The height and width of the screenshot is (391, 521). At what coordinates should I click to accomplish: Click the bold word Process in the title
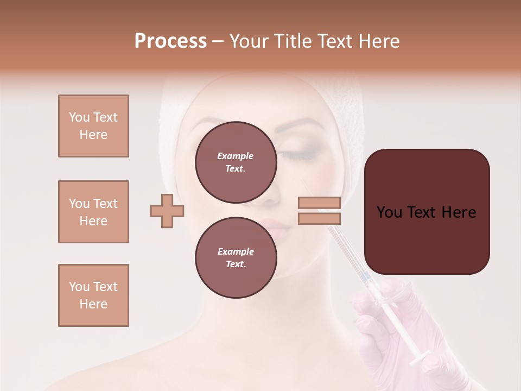(x=170, y=41)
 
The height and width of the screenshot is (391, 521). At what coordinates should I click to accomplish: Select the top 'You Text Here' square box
(x=93, y=126)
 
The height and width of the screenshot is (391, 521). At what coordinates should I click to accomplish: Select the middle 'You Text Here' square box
(x=93, y=212)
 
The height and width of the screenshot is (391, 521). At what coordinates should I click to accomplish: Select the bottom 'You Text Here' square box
(x=93, y=295)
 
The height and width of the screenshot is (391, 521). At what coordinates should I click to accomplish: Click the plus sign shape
(x=167, y=211)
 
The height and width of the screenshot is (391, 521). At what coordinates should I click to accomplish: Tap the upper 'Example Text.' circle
(x=236, y=162)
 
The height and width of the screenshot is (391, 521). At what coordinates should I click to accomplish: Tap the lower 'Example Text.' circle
(x=236, y=257)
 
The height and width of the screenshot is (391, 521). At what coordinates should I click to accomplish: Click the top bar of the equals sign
(x=319, y=203)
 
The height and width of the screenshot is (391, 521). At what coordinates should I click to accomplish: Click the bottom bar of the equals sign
(x=319, y=218)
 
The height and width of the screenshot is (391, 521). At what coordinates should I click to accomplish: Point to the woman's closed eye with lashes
(x=304, y=154)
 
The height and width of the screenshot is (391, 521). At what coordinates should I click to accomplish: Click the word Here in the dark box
(x=459, y=212)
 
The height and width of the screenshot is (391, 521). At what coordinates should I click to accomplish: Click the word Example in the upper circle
(x=236, y=156)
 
